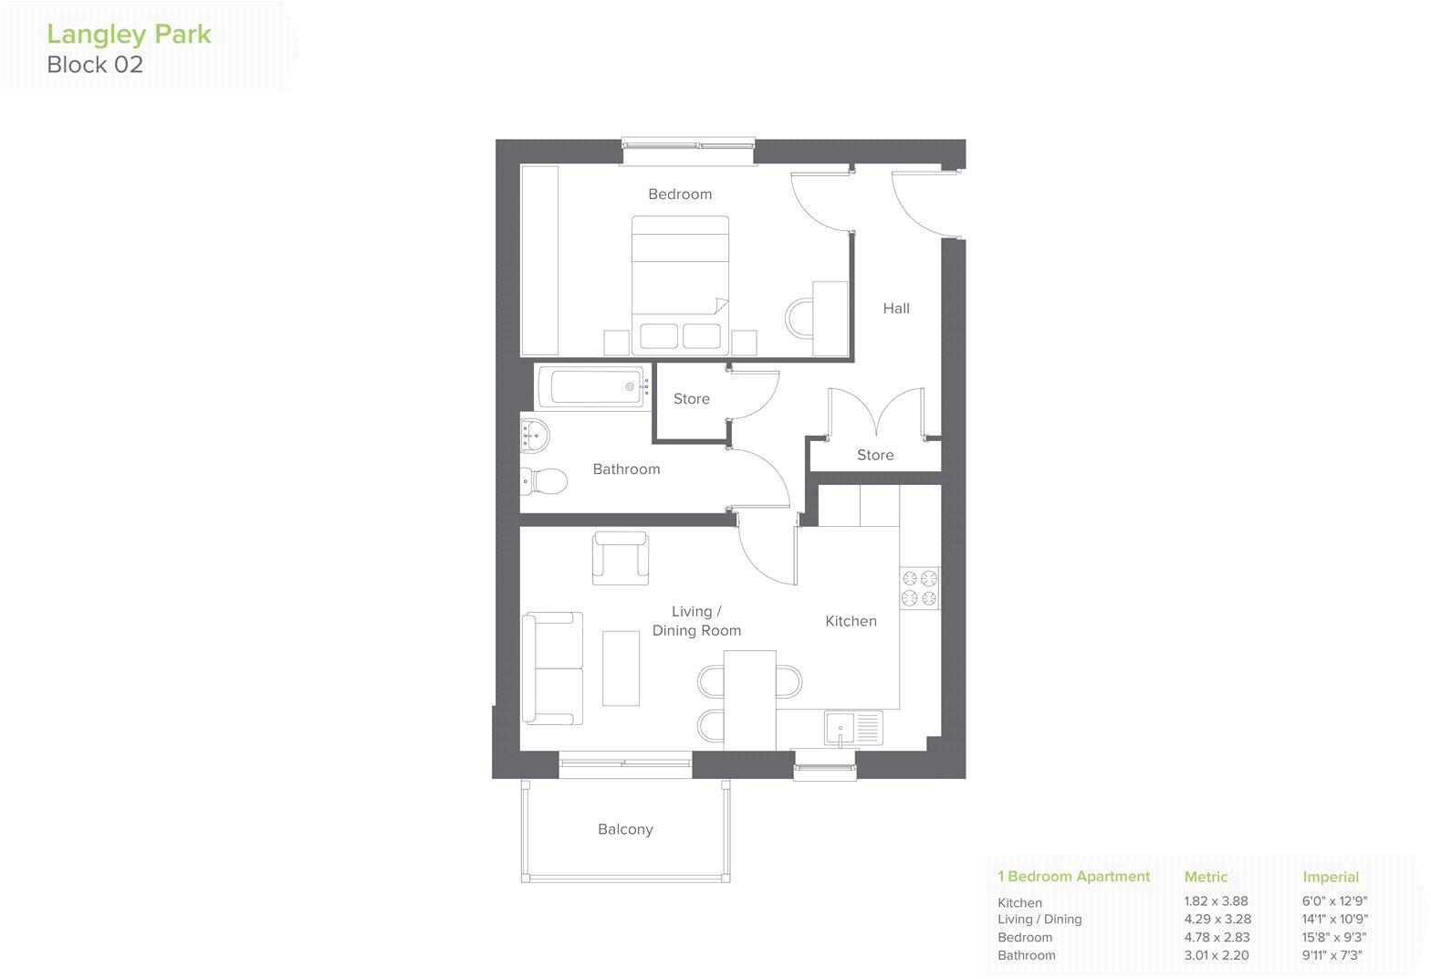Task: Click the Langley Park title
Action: coord(129,35)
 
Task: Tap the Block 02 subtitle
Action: coord(95,65)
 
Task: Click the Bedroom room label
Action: coord(680,195)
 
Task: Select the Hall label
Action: coord(896,309)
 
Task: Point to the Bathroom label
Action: coord(626,469)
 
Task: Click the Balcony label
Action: coord(625,830)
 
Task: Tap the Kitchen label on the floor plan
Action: coord(851,621)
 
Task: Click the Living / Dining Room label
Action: coord(696,621)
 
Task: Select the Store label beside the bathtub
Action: coord(691,399)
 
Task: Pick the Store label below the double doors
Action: coord(875,455)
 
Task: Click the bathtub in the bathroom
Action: coord(593,387)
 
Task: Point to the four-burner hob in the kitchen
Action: coord(920,588)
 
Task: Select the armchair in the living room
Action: coord(621,557)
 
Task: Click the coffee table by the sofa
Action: coord(621,667)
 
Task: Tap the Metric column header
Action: coord(1206,877)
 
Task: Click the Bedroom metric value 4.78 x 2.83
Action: coord(1217,938)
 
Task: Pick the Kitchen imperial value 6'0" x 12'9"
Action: coord(1334,902)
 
